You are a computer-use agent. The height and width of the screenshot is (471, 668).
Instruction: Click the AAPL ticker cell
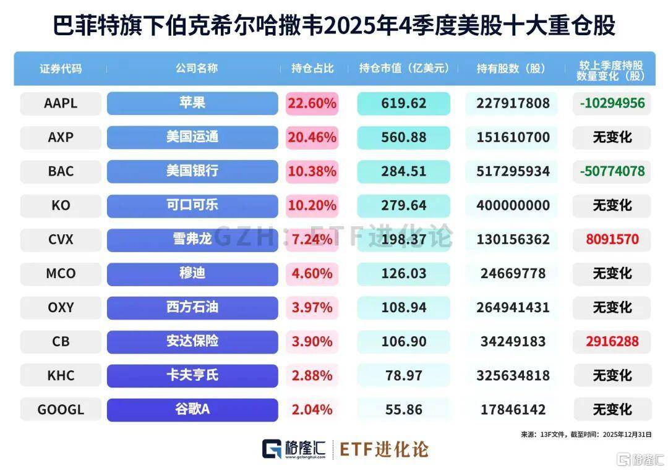click(x=61, y=103)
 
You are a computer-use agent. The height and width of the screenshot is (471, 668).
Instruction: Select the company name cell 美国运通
click(x=192, y=137)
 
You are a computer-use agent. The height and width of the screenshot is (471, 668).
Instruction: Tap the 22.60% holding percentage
click(x=312, y=103)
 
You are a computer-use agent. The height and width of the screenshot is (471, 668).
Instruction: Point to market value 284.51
click(x=403, y=171)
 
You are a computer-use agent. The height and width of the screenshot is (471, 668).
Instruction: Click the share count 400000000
click(x=513, y=205)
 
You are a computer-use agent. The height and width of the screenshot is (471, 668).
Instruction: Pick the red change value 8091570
click(x=610, y=239)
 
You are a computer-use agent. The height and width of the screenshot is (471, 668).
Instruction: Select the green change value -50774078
click(x=612, y=171)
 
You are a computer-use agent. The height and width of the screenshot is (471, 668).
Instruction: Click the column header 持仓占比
click(x=312, y=68)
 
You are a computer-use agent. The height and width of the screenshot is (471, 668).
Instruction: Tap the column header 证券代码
click(x=61, y=68)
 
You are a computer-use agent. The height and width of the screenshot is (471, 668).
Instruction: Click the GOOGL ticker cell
click(x=61, y=409)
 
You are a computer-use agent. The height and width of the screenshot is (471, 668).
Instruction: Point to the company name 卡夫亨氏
click(x=192, y=375)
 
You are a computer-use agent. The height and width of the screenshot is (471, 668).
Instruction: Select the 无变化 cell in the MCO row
click(x=612, y=273)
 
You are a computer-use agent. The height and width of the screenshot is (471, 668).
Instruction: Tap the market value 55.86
click(x=403, y=409)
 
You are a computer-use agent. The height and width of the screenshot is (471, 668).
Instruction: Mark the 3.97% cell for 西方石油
click(x=312, y=307)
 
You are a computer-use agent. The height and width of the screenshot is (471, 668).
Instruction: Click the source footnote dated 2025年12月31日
click(x=586, y=435)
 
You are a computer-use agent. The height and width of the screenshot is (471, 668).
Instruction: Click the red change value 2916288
click(x=610, y=341)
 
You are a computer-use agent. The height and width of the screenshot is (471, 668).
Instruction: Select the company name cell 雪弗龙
click(x=192, y=239)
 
